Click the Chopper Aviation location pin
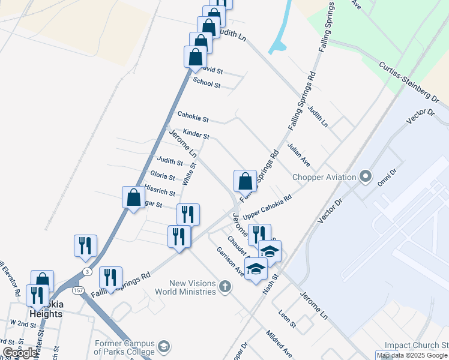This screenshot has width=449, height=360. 366,177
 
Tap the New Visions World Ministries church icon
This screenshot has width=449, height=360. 225,286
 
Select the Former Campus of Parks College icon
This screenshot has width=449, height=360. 164,346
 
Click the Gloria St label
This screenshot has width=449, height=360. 163,176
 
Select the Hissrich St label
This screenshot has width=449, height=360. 159,192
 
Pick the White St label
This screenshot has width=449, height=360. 189,173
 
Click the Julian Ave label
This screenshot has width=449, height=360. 298,154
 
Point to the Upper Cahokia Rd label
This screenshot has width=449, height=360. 267,206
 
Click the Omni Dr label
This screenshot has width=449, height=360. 387,177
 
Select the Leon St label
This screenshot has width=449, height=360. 288,319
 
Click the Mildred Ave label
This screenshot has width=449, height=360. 280,342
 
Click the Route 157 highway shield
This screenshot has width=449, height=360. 79,290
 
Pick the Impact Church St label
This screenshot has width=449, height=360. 416,346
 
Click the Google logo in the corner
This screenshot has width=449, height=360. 20,353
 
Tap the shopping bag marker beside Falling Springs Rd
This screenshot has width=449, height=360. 245,181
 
